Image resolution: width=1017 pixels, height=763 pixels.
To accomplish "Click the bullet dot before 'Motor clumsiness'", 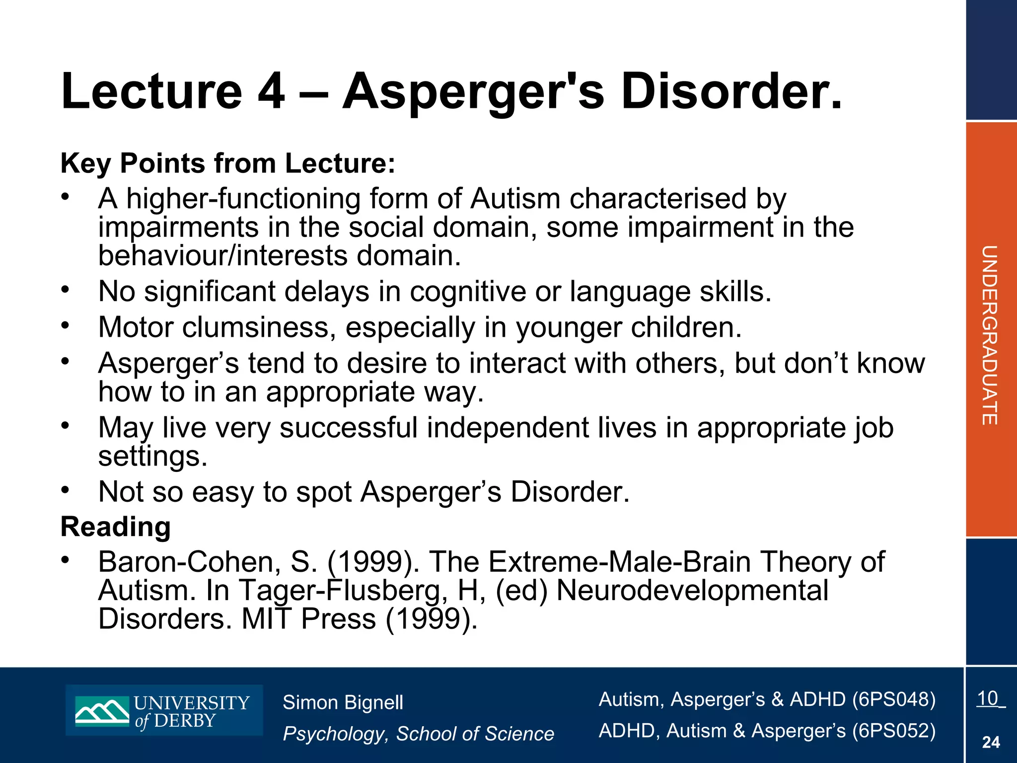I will [65, 325].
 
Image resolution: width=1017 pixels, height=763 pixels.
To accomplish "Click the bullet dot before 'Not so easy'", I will [65, 490].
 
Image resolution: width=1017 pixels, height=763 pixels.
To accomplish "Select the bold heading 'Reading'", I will [115, 527].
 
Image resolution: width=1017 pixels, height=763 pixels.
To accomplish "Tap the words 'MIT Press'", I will [309, 619].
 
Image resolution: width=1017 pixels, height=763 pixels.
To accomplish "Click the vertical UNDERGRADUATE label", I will [990, 335].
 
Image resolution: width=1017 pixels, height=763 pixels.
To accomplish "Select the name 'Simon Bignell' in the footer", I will [343, 702].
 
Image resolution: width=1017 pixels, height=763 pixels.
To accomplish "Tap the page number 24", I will [991, 742].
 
